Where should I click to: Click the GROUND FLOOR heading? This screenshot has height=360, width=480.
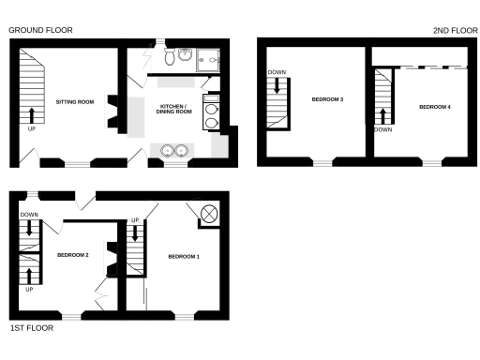[x=40, y=30]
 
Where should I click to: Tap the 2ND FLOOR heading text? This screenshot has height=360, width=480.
[x=455, y=30]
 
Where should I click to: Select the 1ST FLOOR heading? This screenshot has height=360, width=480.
[x=31, y=328]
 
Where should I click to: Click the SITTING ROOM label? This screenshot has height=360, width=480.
[x=75, y=100]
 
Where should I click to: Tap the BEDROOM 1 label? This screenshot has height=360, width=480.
[x=184, y=256]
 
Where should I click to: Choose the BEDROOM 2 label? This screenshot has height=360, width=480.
[x=72, y=255]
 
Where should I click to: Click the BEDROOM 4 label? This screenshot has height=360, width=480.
[x=435, y=107]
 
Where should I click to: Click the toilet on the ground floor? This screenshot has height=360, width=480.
[x=168, y=57]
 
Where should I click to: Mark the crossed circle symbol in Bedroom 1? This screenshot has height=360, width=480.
[x=209, y=215]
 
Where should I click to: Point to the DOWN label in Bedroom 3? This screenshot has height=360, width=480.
[x=277, y=72]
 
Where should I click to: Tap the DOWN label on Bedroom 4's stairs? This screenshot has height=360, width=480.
[x=382, y=130]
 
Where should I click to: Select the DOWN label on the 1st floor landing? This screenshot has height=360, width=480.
[x=29, y=215]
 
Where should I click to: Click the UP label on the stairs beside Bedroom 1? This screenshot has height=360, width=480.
[x=135, y=220]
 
